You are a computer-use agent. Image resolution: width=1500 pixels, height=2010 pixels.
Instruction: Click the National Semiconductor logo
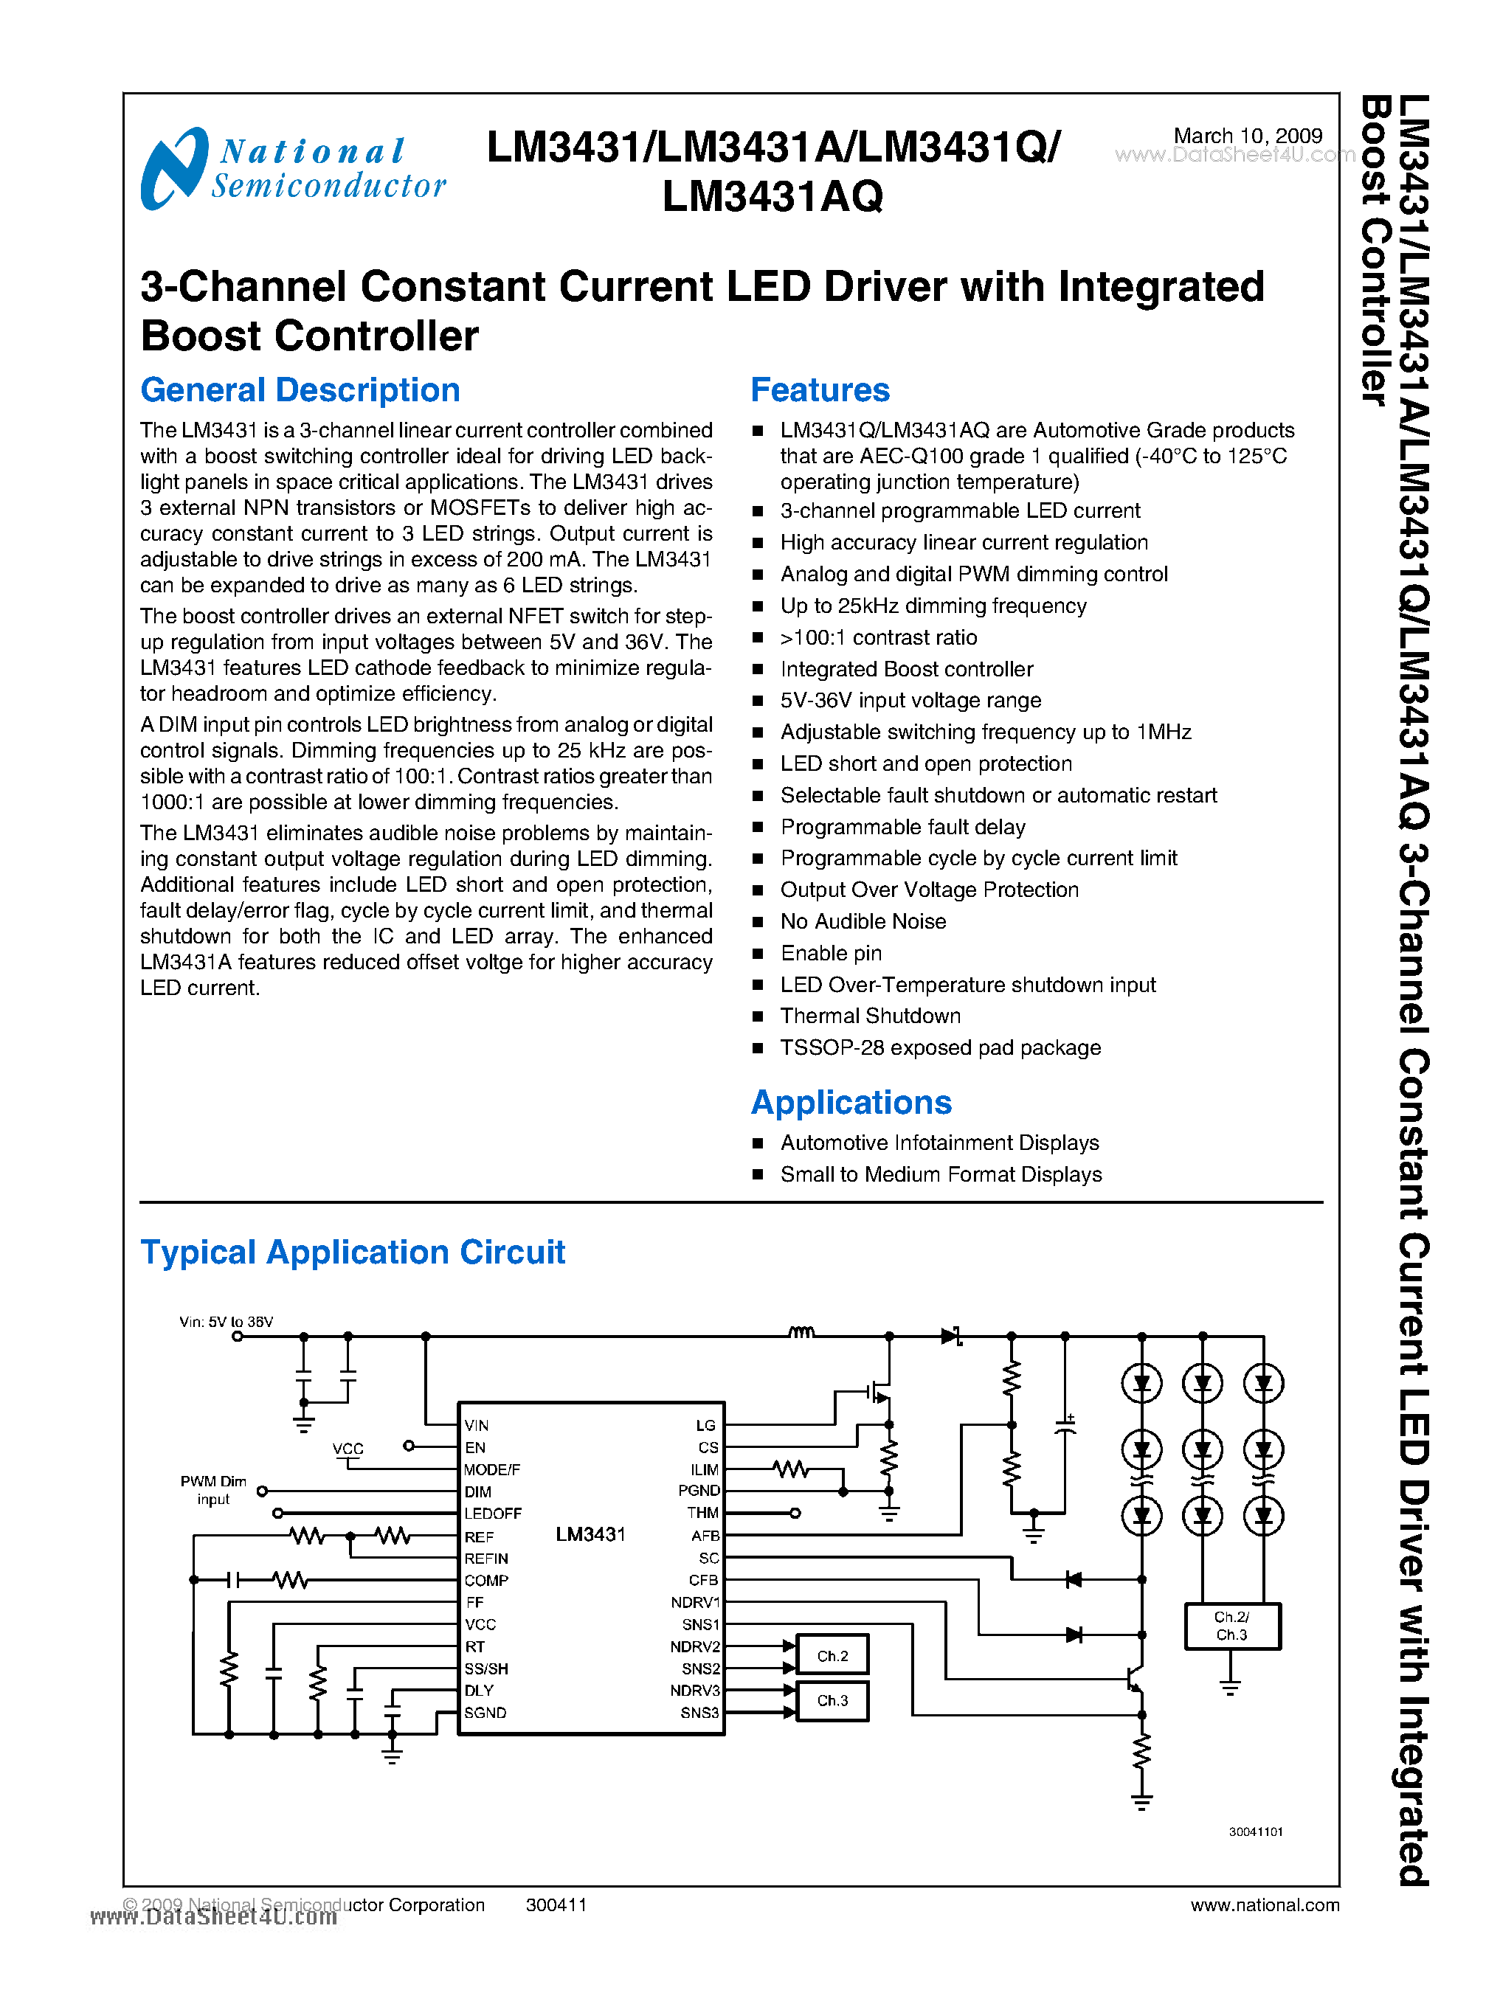[292, 168]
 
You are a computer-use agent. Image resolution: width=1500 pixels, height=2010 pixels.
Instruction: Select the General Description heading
[300, 390]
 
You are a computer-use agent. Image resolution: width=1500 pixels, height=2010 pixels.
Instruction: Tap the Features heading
[819, 390]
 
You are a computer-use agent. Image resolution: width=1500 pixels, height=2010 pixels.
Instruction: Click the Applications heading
[851, 1102]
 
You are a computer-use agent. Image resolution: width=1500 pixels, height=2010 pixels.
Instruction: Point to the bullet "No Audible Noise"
[863, 921]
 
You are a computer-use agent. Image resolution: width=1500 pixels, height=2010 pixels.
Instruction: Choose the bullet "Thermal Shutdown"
[870, 1016]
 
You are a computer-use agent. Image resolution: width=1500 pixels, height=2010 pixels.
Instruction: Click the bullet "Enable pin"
[831, 953]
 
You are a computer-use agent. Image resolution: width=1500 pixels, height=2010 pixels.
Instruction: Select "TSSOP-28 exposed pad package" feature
[940, 1047]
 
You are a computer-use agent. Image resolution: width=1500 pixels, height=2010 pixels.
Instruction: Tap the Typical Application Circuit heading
[352, 1252]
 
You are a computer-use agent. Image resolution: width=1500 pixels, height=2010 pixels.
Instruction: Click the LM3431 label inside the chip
[590, 1534]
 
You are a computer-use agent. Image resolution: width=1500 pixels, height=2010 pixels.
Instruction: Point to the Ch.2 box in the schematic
[832, 1655]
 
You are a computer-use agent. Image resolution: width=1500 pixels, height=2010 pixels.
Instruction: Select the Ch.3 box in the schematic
[832, 1700]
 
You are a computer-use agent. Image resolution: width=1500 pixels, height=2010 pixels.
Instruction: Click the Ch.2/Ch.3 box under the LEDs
[1231, 1625]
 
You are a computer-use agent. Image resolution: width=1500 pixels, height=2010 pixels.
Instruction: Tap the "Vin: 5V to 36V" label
[226, 1322]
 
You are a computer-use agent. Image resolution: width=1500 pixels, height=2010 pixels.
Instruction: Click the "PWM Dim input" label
[213, 1490]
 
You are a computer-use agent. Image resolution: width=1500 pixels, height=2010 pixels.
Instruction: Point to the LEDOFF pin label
[492, 1514]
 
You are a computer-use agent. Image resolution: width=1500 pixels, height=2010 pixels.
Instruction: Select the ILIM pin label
[704, 1469]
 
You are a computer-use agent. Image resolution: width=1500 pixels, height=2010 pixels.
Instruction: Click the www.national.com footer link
[1264, 1905]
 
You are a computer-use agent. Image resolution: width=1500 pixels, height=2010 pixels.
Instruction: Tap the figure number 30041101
[1255, 1831]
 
